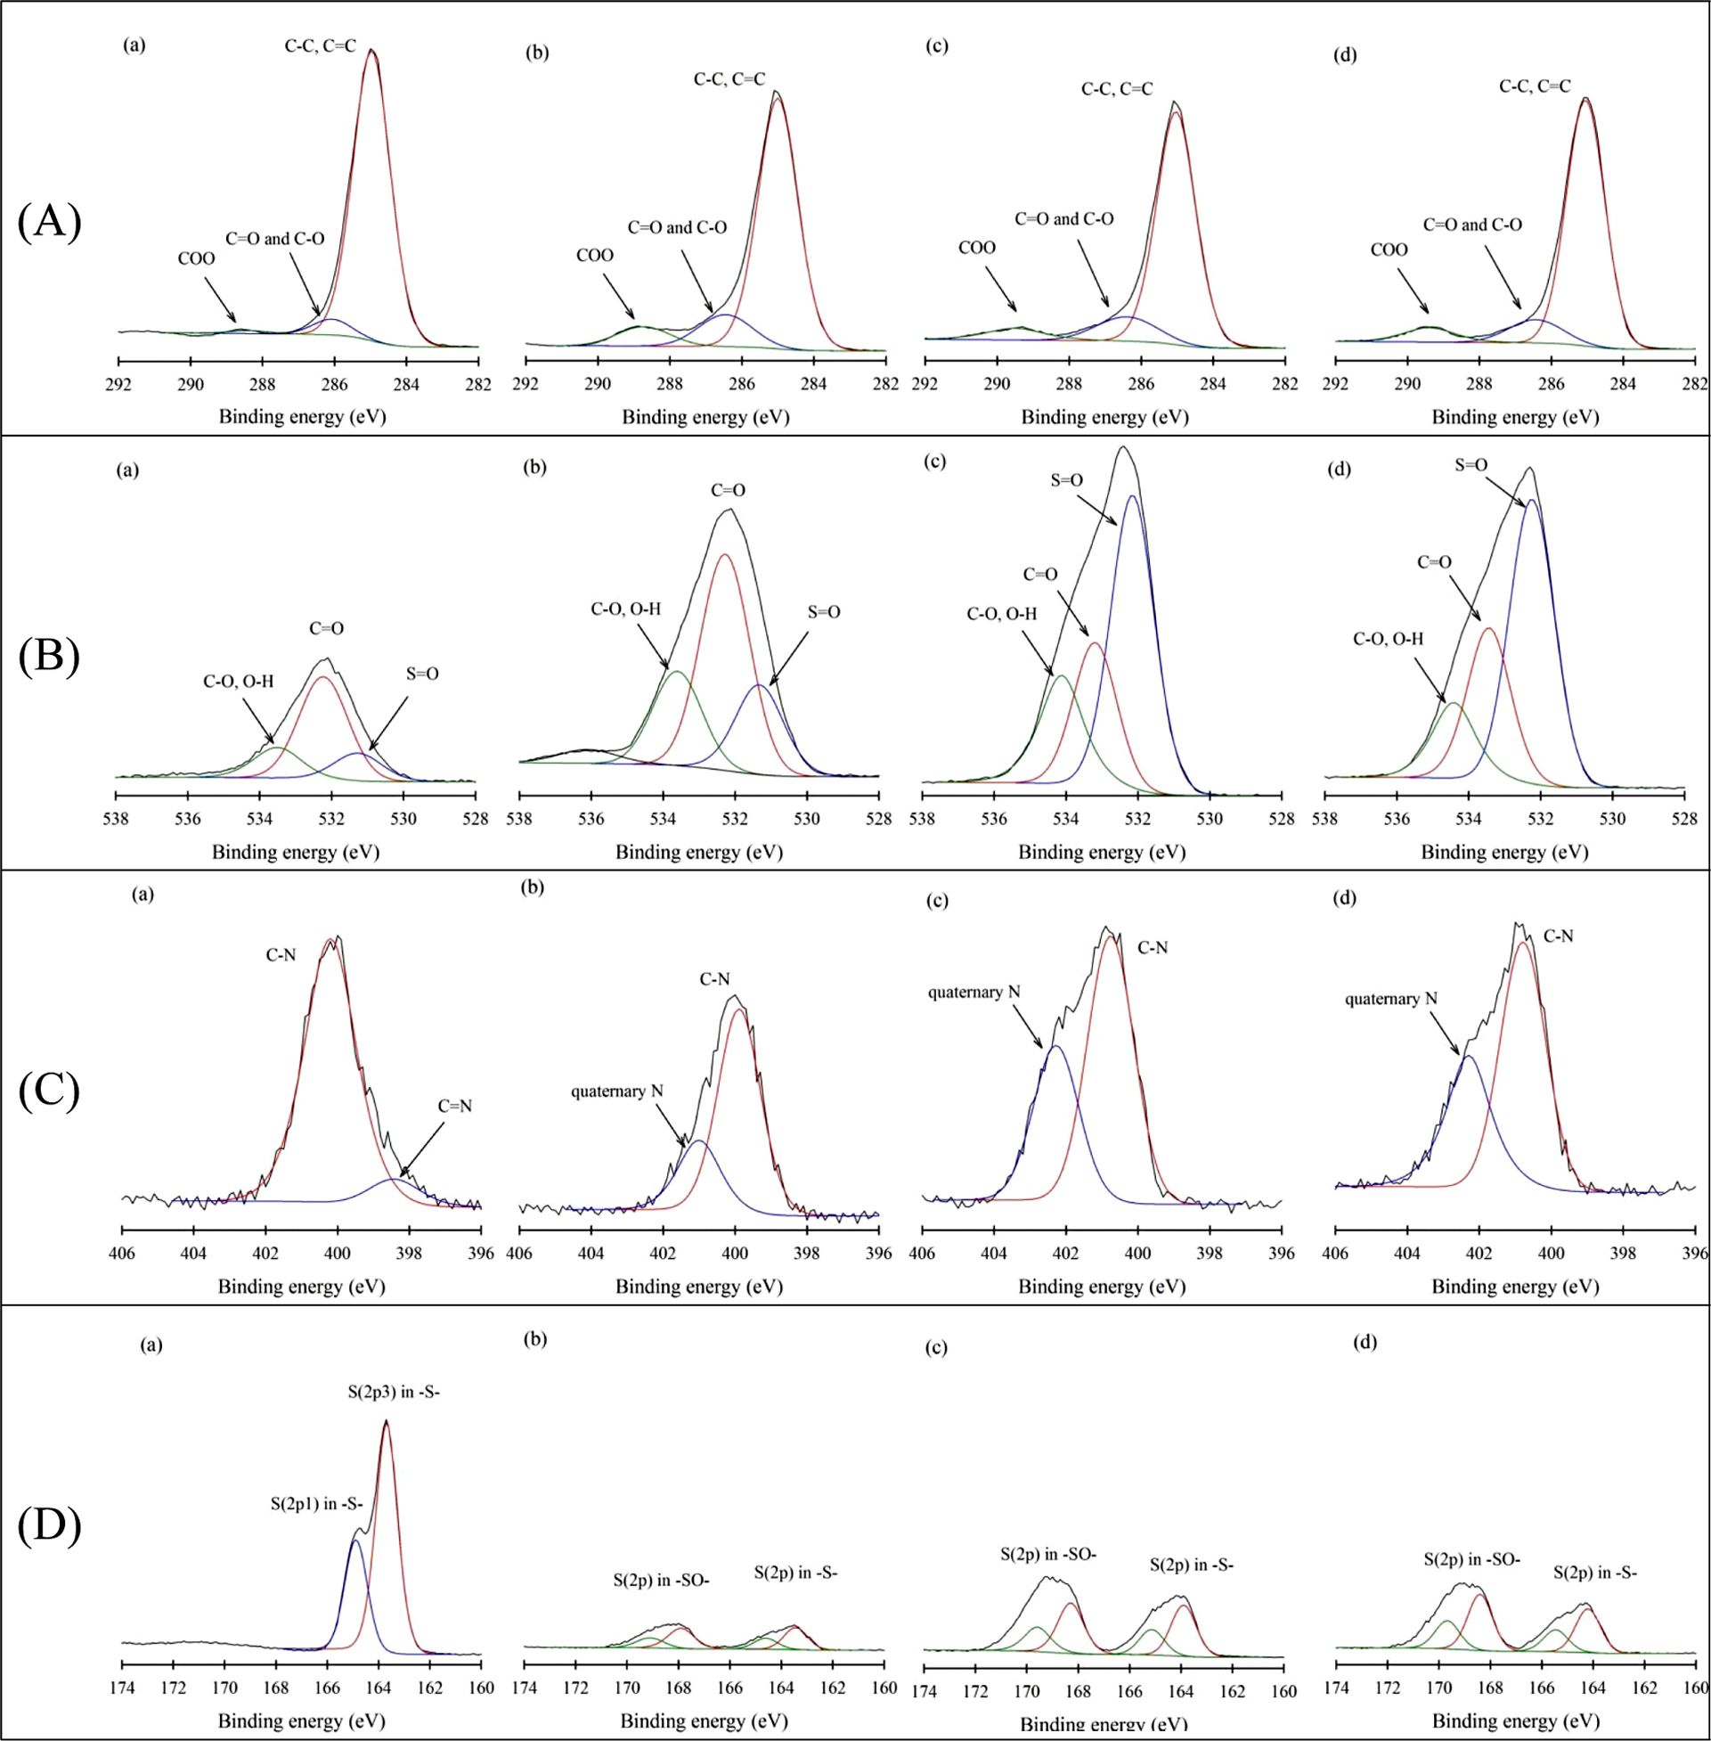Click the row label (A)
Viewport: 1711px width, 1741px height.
click(x=49, y=222)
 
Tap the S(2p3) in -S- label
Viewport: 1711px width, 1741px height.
click(x=394, y=1393)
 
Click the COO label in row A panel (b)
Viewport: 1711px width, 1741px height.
click(x=594, y=255)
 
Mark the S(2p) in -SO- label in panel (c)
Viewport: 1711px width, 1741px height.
click(x=1048, y=1553)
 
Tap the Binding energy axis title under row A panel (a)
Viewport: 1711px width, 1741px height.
click(x=302, y=417)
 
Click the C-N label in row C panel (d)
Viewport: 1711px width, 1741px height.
click(x=1558, y=936)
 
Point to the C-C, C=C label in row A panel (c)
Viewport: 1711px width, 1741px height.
click(x=1116, y=89)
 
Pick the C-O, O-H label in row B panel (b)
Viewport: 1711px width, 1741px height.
click(x=625, y=609)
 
